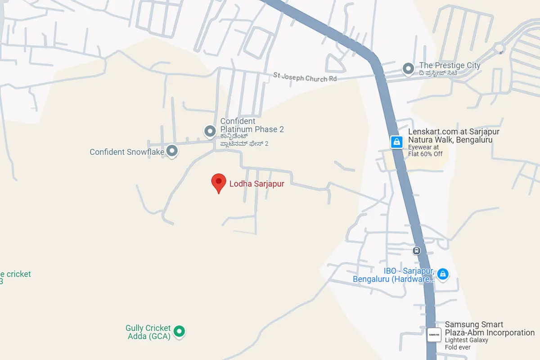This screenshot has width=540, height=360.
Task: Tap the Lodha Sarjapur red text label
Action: (x=257, y=184)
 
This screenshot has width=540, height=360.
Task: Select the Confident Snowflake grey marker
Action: (x=172, y=151)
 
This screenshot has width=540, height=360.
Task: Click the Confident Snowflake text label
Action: (x=126, y=152)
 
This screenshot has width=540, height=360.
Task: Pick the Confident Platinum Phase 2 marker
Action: (x=210, y=131)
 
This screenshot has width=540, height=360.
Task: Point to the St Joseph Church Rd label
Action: (x=305, y=77)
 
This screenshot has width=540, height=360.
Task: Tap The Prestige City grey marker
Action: (x=408, y=69)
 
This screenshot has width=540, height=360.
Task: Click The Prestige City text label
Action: (x=450, y=66)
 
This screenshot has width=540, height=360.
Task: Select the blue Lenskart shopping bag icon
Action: (x=396, y=142)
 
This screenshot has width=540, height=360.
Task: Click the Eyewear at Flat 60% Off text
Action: (x=425, y=151)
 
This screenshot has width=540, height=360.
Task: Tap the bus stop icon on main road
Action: (x=417, y=251)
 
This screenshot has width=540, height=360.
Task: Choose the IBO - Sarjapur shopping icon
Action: (x=443, y=274)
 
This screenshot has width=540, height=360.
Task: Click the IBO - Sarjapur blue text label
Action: (x=394, y=275)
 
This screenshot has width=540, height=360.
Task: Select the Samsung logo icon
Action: (x=434, y=334)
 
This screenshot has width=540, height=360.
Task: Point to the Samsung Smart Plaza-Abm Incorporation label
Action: (x=489, y=329)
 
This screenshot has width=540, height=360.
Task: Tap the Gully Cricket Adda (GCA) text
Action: (x=148, y=332)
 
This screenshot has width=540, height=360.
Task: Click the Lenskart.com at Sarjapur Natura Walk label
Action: (x=453, y=136)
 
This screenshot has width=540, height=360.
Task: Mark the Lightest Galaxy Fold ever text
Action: (x=466, y=344)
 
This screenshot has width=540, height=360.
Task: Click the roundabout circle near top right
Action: (x=499, y=48)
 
